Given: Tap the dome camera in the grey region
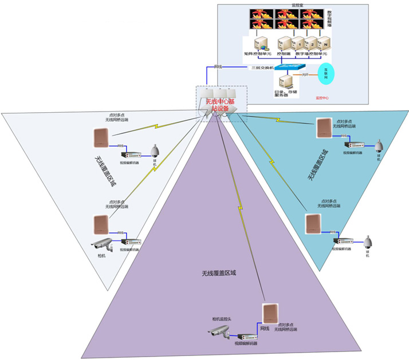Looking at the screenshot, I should point(154,151).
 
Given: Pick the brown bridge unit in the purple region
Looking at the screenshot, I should point(270,313).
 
